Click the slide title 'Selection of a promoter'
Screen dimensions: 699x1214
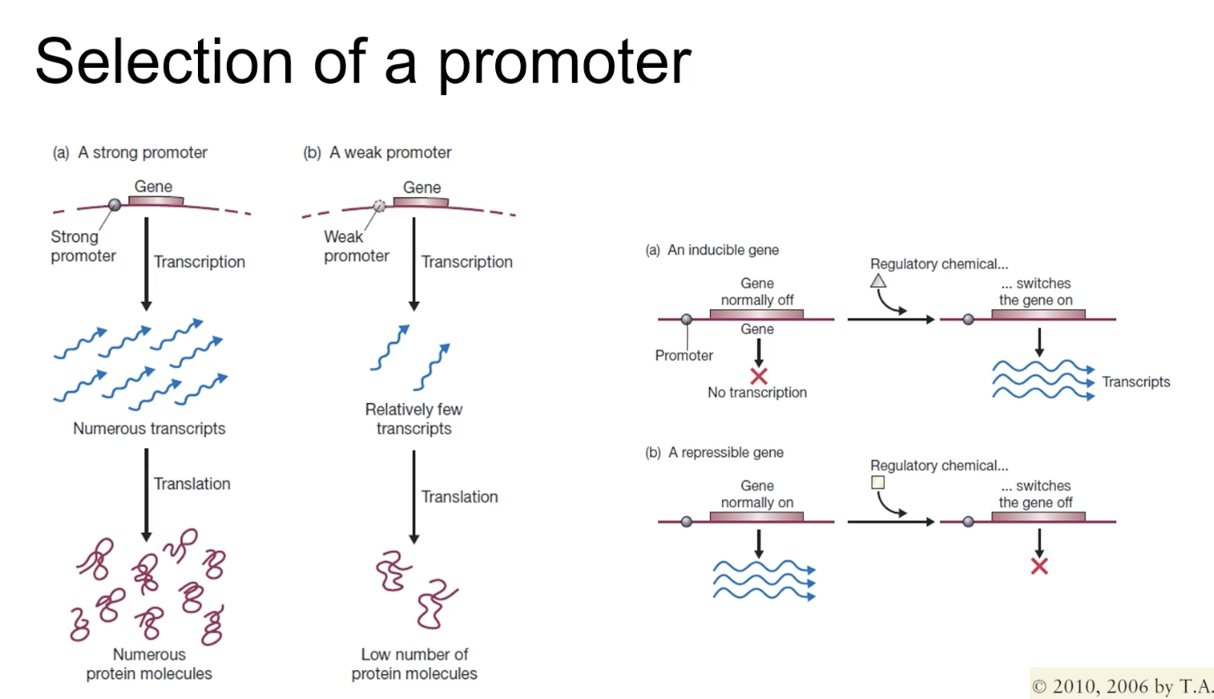[362, 62]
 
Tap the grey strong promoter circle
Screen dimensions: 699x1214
[114, 205]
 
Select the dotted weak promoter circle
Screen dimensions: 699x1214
[379, 205]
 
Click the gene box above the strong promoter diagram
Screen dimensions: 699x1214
[156, 202]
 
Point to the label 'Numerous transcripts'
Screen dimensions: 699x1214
[149, 429]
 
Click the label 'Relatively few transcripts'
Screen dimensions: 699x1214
[413, 419]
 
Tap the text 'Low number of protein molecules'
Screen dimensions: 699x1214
[413, 664]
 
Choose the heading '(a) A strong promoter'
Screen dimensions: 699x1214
[130, 152]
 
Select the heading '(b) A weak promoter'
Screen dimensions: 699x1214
[377, 152]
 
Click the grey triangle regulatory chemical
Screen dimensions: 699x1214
[878, 281]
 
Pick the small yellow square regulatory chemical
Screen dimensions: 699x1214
[877, 482]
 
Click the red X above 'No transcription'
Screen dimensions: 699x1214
[758, 376]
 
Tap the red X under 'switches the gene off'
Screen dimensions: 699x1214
[1039, 566]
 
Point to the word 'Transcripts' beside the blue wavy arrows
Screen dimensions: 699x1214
[1136, 382]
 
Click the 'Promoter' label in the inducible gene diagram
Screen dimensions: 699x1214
[684, 356]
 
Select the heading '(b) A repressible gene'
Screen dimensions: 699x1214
[714, 453]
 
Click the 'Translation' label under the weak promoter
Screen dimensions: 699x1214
[459, 497]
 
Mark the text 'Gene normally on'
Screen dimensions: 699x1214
[757, 494]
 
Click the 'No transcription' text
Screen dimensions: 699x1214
[757, 393]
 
